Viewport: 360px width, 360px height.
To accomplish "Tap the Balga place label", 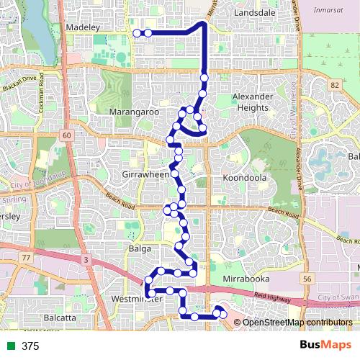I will click(139, 248).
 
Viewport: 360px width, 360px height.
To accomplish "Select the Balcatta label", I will click(60, 317).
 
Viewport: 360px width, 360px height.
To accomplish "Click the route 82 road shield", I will click(333, 85).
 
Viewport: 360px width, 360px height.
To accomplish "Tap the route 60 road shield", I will click(66, 135).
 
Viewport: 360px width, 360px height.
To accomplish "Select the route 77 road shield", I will click(27, 257).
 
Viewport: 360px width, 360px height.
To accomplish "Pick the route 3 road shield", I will click(85, 259).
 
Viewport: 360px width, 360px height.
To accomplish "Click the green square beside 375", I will click(11, 346).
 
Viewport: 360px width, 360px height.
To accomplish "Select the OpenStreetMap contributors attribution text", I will click(297, 323).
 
